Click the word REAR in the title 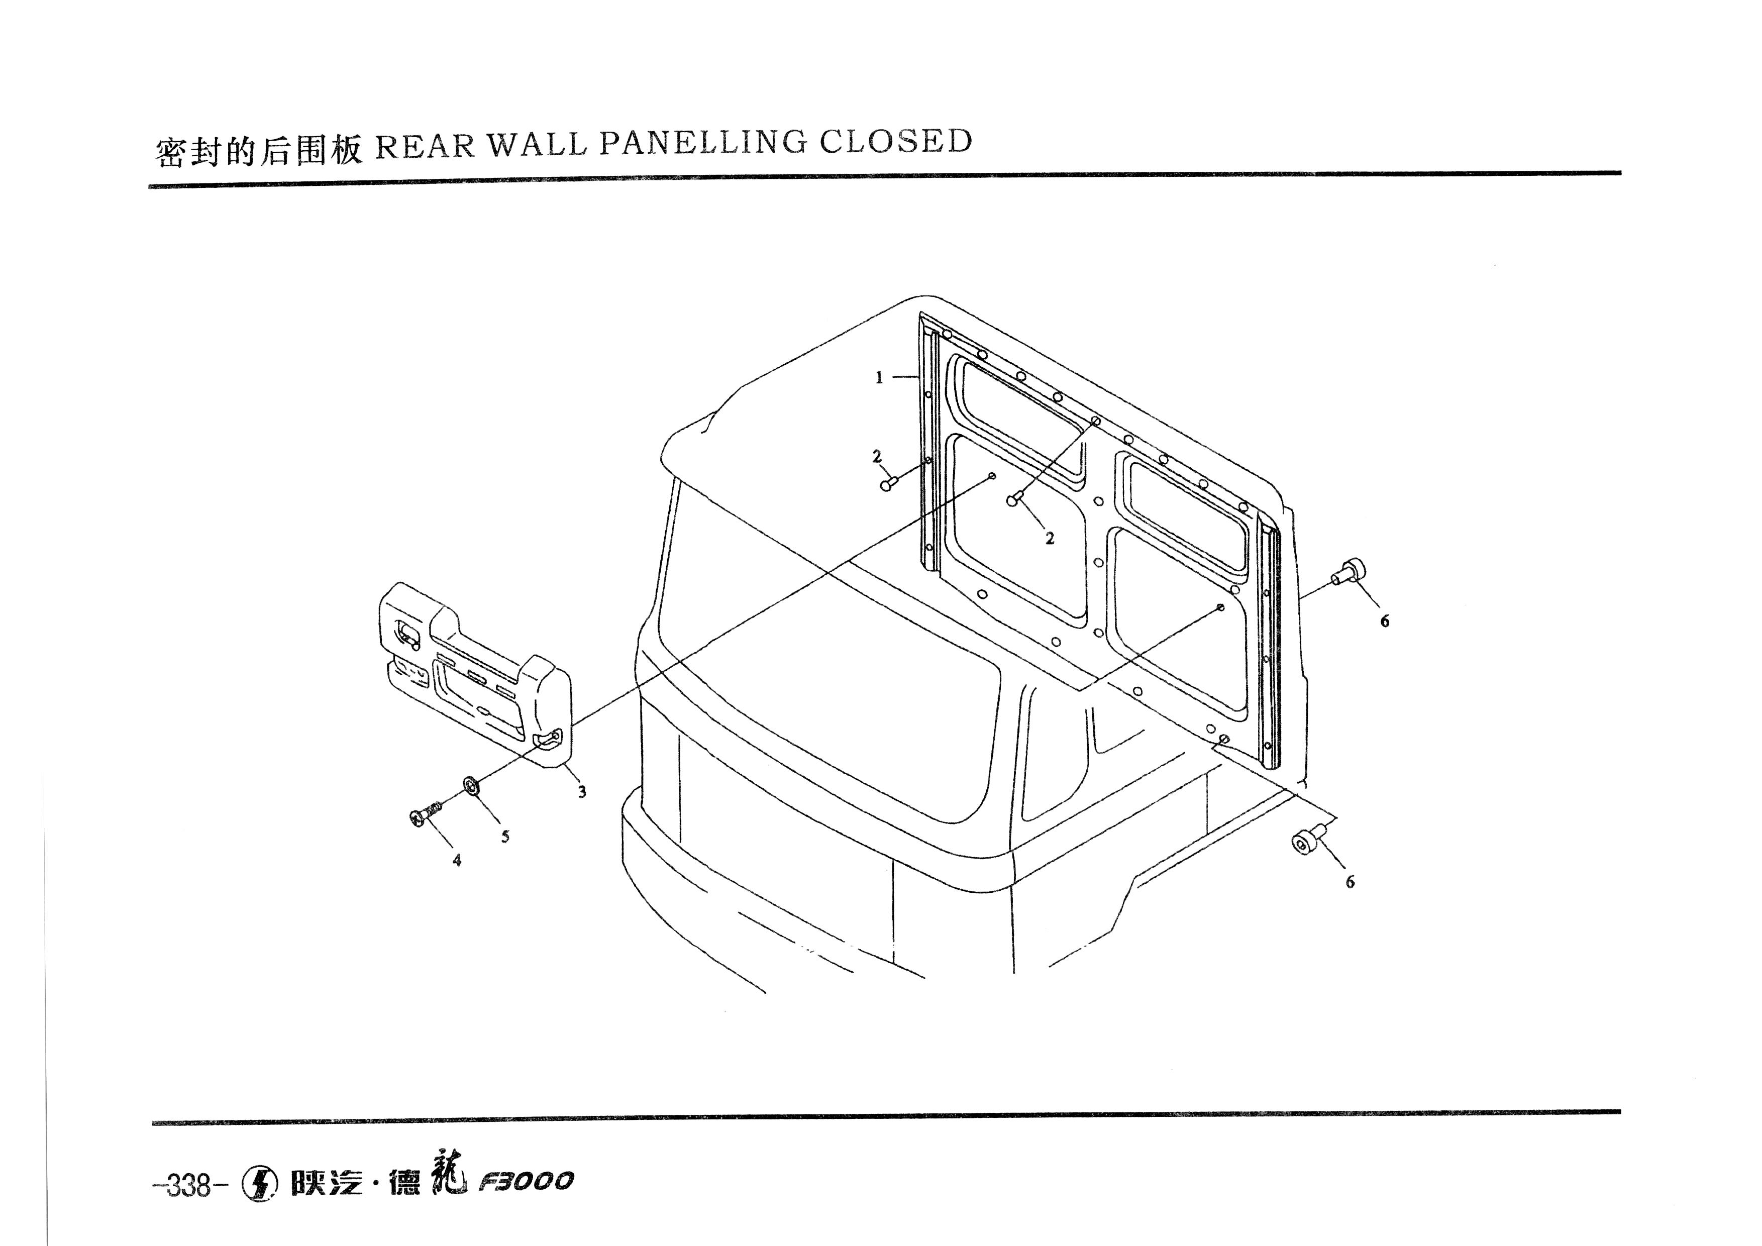[x=425, y=146]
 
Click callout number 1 [x=879, y=377]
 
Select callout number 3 [x=582, y=792]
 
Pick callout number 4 [x=457, y=860]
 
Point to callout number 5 [x=505, y=837]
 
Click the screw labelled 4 [x=428, y=813]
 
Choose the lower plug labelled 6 [x=1307, y=840]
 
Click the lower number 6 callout [x=1350, y=882]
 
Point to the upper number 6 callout [x=1385, y=621]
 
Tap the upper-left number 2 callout [x=877, y=457]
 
